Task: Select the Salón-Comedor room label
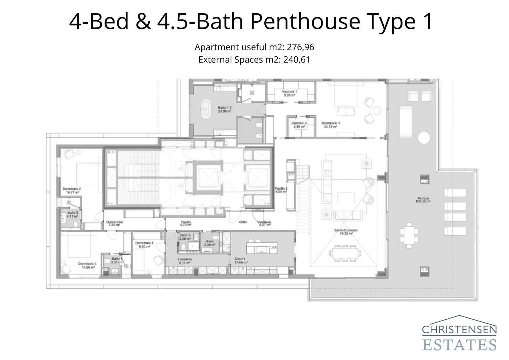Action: click(346, 232)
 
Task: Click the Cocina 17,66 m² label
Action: click(241, 261)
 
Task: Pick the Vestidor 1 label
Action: click(289, 93)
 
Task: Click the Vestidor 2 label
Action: click(299, 125)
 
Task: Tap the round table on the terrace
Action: click(424, 138)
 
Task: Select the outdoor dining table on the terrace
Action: click(409, 235)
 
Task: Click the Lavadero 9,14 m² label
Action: click(184, 261)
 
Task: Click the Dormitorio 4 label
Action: click(144, 244)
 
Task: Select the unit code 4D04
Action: click(243, 222)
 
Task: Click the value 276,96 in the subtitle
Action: click(300, 47)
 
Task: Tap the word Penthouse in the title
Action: click(305, 22)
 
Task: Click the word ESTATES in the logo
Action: click(459, 345)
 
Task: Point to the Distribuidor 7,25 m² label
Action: click(115, 223)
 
